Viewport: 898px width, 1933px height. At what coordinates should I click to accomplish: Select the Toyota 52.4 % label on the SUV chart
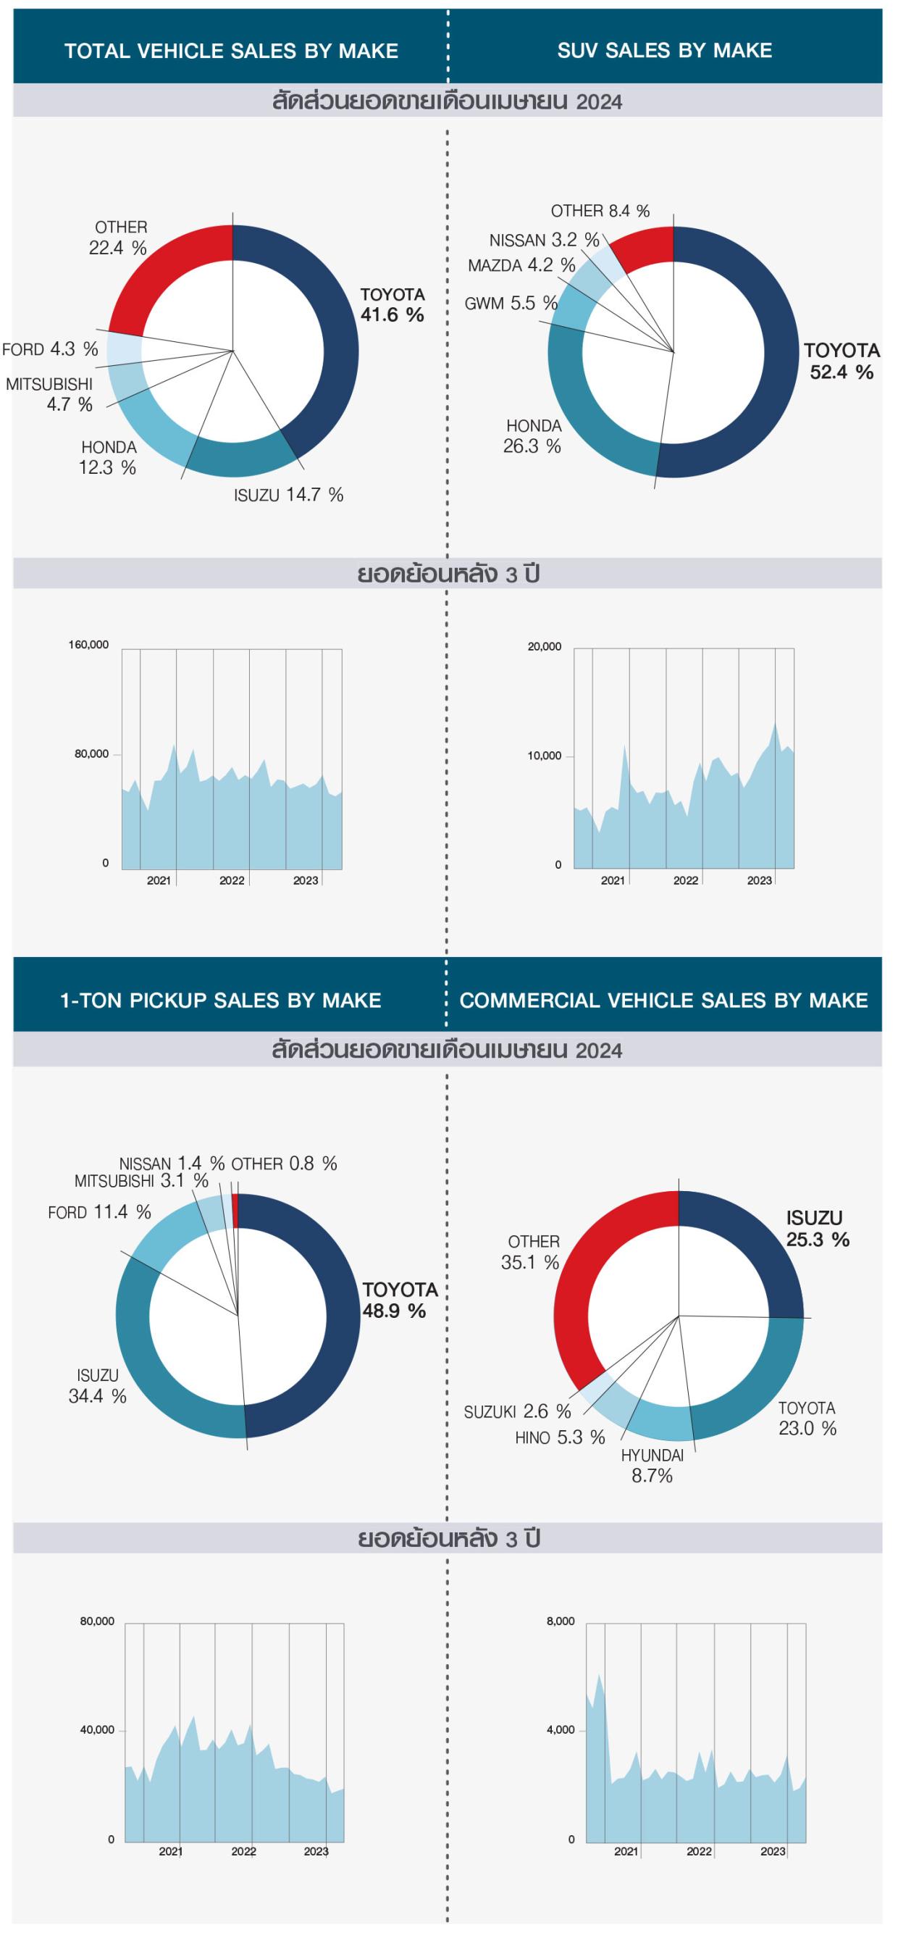(841, 361)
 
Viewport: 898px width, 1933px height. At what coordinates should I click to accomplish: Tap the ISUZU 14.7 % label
(288, 495)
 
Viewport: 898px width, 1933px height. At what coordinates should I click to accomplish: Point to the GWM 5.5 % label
(511, 303)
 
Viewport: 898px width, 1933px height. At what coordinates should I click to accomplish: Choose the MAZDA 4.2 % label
(521, 265)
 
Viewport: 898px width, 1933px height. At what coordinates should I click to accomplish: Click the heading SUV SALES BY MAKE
(664, 50)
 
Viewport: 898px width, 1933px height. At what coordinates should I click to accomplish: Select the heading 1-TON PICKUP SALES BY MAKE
(221, 1001)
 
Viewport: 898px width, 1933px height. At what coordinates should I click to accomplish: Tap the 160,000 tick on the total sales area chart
(88, 645)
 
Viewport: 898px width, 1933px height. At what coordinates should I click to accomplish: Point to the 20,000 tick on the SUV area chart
(544, 647)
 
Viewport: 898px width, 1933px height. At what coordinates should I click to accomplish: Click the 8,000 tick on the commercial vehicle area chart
(561, 1621)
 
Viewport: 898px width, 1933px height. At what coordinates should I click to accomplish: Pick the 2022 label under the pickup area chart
(243, 1851)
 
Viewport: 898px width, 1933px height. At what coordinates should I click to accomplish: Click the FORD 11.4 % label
(99, 1212)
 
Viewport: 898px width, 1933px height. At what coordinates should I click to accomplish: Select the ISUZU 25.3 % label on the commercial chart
(817, 1228)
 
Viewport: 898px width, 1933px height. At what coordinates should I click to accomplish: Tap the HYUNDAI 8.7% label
(652, 1466)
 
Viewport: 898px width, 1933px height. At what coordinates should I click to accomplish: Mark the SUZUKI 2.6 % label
(517, 1412)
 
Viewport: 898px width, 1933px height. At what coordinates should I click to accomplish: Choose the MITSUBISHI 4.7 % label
(49, 394)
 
